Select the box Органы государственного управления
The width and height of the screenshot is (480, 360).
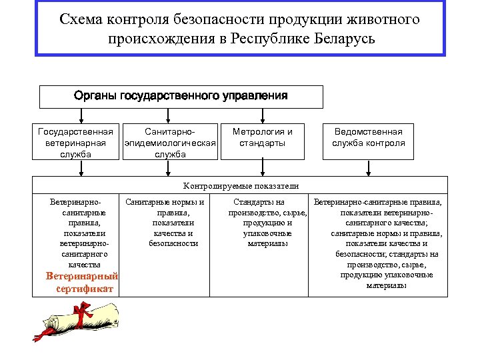tap(181, 96)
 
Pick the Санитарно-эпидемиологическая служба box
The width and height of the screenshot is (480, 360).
tap(171, 142)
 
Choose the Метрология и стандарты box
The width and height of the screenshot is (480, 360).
tap(263, 137)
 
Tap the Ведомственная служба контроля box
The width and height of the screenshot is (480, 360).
tap(369, 137)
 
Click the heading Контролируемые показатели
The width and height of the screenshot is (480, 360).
tap(241, 186)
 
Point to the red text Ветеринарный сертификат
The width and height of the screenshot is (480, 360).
tap(81, 283)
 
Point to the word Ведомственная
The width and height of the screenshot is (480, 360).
tap(369, 132)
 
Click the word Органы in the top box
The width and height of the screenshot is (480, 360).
tap(95, 96)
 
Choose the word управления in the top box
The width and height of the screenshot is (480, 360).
tap(255, 96)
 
